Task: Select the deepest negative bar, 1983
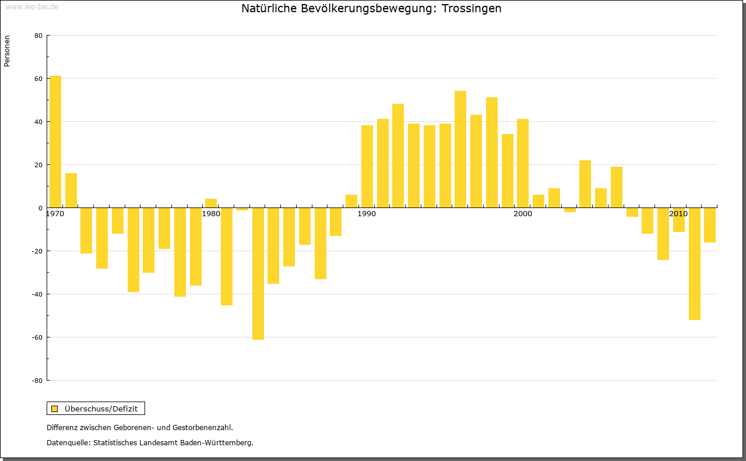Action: coord(258,273)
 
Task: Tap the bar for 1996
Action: coord(460,149)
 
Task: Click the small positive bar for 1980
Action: coord(211,203)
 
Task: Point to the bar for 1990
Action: coord(367,167)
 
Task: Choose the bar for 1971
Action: coord(71,190)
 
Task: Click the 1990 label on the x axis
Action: coord(367,214)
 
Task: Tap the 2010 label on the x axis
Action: coord(678,214)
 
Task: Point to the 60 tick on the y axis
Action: coord(38,79)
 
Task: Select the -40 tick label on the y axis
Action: coord(37,294)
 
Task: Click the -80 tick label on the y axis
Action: coord(37,381)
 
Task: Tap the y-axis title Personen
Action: coord(7,51)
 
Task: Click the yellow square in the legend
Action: coord(55,409)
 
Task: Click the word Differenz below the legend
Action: coord(62,428)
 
